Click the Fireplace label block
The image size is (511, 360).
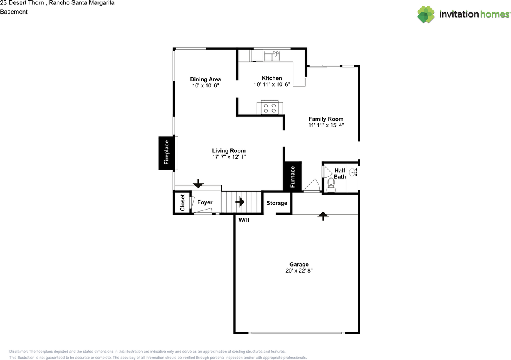point(167,153)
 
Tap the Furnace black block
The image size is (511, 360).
point(292,176)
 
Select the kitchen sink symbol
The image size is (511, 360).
point(272,56)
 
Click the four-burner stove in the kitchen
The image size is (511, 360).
point(270,107)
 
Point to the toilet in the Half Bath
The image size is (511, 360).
point(331,185)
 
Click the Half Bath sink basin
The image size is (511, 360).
point(353,172)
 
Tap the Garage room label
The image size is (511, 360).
point(299,264)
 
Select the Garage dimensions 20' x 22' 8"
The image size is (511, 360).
point(299,271)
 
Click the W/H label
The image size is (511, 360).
point(244,220)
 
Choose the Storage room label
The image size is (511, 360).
point(277,203)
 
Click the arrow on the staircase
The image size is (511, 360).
point(240,202)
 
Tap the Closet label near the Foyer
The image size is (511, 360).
point(182,203)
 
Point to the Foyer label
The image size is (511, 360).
point(205,202)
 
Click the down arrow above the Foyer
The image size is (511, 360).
point(198,184)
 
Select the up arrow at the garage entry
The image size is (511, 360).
point(323,216)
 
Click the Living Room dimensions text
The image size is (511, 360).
point(229,157)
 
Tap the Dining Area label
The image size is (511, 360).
point(206,79)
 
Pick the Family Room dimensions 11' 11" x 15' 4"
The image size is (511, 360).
point(326,125)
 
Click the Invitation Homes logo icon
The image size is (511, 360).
point(426,14)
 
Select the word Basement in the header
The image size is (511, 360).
point(14,12)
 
